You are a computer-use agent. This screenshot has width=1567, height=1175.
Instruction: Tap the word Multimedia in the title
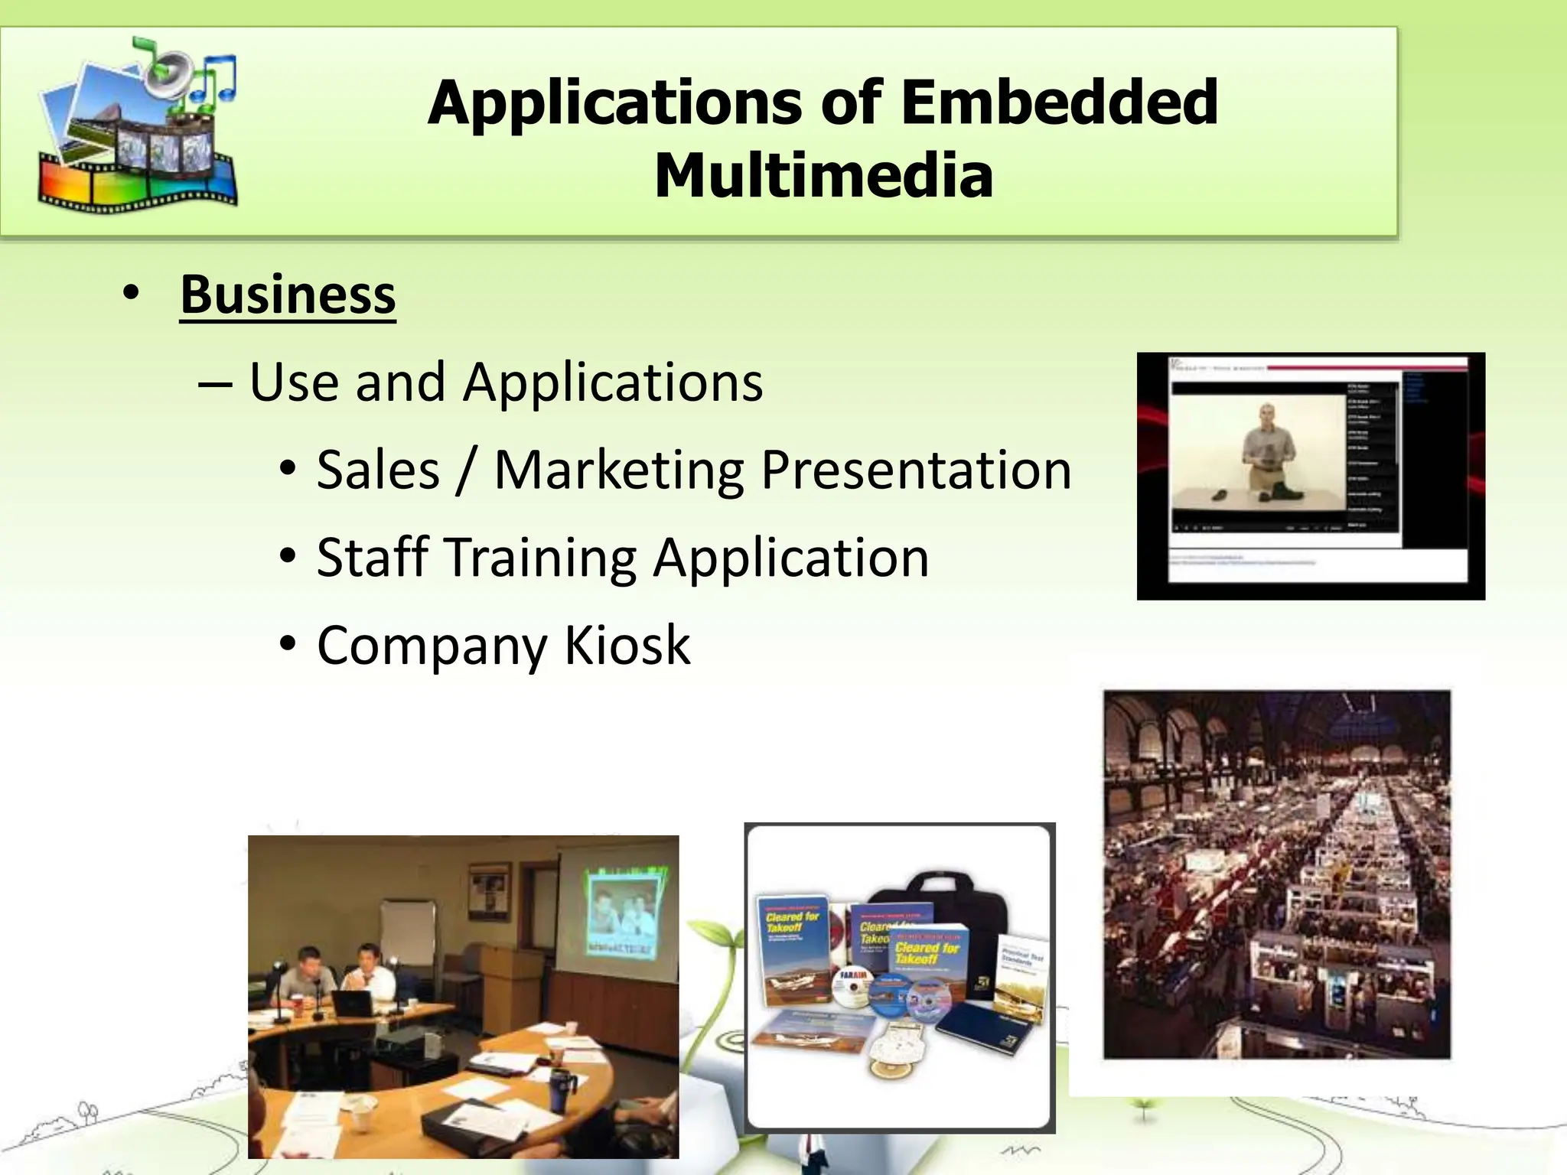click(823, 176)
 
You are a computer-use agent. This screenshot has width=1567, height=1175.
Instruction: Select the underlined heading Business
click(288, 295)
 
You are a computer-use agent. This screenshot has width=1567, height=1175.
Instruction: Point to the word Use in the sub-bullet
click(293, 382)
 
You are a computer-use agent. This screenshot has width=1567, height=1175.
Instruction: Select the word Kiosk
click(627, 645)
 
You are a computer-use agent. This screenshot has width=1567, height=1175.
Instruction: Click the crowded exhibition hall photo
click(1276, 874)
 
